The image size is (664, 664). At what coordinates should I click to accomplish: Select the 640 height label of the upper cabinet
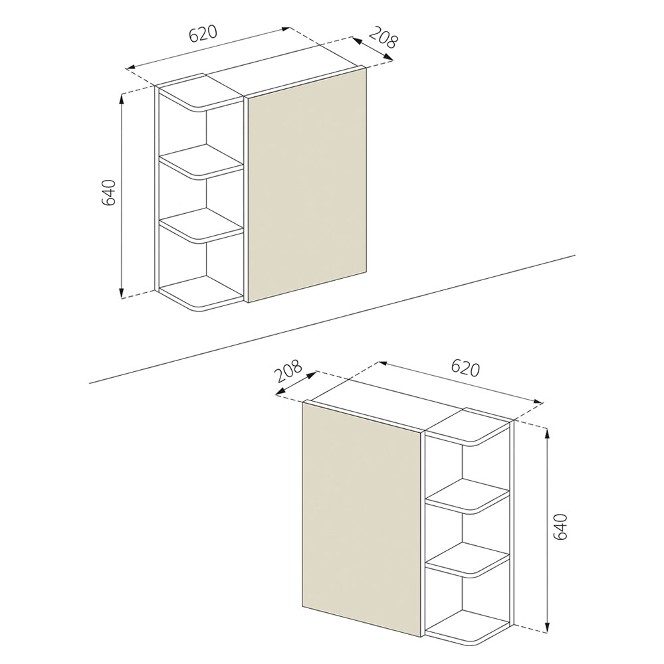click(x=110, y=192)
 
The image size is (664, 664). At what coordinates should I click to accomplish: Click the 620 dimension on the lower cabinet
click(x=465, y=368)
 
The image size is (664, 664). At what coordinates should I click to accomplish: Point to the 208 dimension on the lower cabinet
click(x=289, y=371)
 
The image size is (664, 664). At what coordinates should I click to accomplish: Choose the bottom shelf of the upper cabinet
click(x=200, y=295)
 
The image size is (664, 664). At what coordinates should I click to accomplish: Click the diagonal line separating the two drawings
click(x=332, y=319)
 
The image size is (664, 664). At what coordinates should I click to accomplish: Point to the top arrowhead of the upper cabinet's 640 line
click(x=122, y=98)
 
